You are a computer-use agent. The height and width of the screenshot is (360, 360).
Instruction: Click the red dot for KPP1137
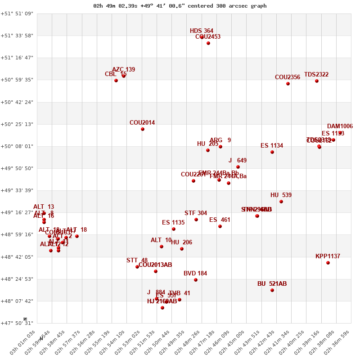click(x=328, y=263)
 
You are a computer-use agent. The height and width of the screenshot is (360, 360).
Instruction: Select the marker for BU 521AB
click(x=272, y=290)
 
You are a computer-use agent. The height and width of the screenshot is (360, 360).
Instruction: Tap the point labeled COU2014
click(x=143, y=129)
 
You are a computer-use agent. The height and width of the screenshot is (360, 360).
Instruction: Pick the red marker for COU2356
click(x=288, y=84)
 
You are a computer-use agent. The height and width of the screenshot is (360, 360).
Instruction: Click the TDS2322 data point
click(x=317, y=81)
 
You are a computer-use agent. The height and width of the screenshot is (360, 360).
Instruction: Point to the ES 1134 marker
click(x=272, y=152)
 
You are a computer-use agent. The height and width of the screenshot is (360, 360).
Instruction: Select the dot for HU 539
click(x=281, y=202)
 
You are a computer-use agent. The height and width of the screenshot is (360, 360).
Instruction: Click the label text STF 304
click(x=196, y=213)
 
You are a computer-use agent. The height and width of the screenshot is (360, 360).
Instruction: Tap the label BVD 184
click(x=195, y=274)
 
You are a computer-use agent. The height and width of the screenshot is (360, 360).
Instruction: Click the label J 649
click(x=238, y=161)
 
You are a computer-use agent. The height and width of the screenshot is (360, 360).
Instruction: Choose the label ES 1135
click(x=173, y=223)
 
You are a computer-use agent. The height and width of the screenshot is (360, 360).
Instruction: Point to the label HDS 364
click(x=202, y=31)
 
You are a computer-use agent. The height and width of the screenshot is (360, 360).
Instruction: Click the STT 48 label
click(x=137, y=261)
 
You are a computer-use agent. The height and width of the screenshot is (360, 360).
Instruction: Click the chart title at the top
click(x=180, y=6)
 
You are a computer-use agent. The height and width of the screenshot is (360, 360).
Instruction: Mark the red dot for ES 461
click(x=220, y=226)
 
